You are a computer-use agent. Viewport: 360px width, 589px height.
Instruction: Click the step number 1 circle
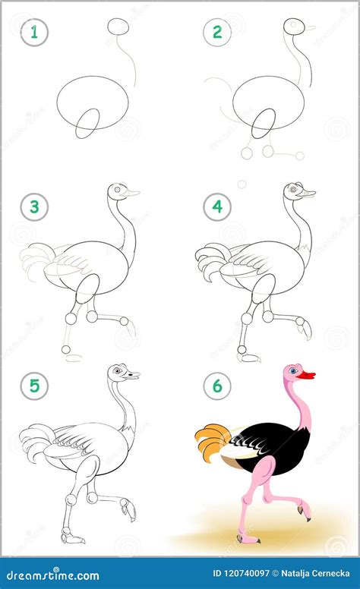coord(33,32)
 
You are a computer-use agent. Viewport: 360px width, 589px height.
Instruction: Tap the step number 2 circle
coord(216,32)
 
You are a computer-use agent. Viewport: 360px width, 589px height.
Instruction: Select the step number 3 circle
coord(33,206)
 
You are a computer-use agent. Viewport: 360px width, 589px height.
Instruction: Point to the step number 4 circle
coord(216,206)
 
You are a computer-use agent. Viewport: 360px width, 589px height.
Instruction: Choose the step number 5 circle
coord(33,386)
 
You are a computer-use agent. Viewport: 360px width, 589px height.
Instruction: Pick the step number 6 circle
coord(216,386)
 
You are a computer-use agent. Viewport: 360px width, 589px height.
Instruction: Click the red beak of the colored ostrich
coord(305,374)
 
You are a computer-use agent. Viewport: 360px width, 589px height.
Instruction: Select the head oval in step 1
coord(118,27)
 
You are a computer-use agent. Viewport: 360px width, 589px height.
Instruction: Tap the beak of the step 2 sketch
coord(310,29)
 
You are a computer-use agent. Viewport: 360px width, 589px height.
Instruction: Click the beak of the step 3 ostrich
coord(133,194)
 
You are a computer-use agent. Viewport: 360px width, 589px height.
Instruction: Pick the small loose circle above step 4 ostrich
coord(242,183)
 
